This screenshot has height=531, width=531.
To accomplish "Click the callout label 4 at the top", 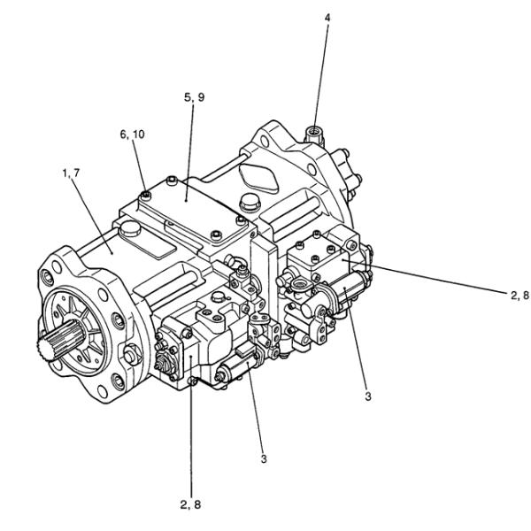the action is pyautogui.click(x=327, y=18).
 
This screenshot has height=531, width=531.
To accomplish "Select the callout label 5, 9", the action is pyautogui.click(x=195, y=97).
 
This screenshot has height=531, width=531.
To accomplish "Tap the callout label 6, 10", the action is pyautogui.click(x=133, y=135).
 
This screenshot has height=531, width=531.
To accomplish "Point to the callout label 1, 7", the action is pyautogui.click(x=71, y=173).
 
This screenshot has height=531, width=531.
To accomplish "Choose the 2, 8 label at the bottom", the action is pyautogui.click(x=190, y=504).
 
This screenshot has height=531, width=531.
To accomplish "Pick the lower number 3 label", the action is pyautogui.click(x=264, y=458).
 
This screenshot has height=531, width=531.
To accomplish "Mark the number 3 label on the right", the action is pyautogui.click(x=368, y=396).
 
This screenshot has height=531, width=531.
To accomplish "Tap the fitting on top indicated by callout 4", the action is pyautogui.click(x=313, y=134).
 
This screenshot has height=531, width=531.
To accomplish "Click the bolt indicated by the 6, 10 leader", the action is pyautogui.click(x=146, y=195).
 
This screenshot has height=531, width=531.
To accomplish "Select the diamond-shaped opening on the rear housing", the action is pyautogui.click(x=258, y=178).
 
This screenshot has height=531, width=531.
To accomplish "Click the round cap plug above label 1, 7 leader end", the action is pyautogui.click(x=131, y=228).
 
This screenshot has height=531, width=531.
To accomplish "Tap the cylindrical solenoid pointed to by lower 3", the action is pyautogui.click(x=237, y=366).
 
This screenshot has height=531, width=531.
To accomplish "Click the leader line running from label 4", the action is pyautogui.click(x=321, y=76).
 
